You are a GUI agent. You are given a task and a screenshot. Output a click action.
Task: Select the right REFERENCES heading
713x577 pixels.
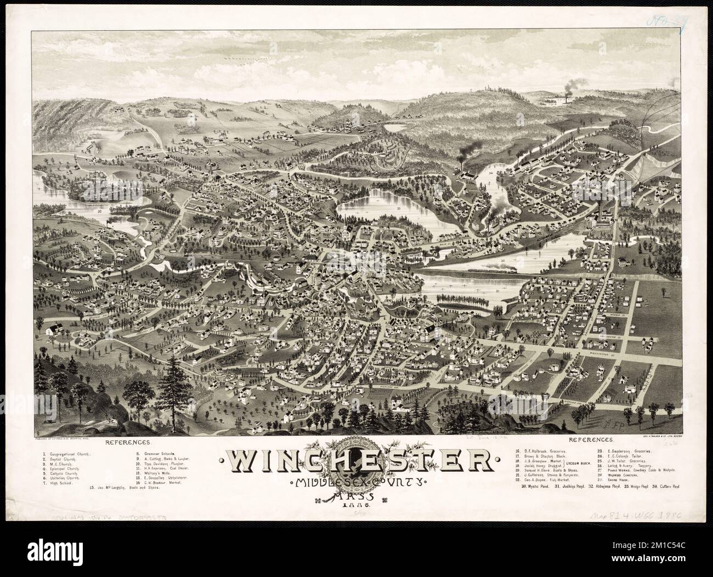(591, 440)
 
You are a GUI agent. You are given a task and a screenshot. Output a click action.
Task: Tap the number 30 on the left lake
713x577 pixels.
(100, 211)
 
